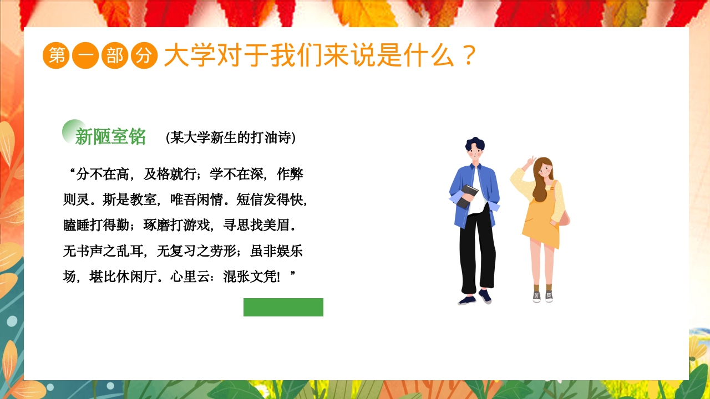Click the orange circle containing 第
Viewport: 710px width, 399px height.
56,55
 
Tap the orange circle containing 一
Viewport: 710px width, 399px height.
85,55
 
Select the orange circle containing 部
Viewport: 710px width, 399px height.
115,55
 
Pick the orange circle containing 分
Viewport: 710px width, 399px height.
144,55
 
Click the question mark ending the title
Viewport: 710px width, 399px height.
469,56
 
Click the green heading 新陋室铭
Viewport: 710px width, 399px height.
110,136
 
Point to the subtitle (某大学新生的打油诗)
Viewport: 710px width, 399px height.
231,137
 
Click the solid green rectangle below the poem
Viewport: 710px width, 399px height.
283,307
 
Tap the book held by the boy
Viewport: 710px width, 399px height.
467,196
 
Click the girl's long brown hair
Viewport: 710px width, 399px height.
541,180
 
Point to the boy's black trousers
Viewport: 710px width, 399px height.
477,249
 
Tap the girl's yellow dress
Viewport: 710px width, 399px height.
541,222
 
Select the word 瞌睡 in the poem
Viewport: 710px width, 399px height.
77,226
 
